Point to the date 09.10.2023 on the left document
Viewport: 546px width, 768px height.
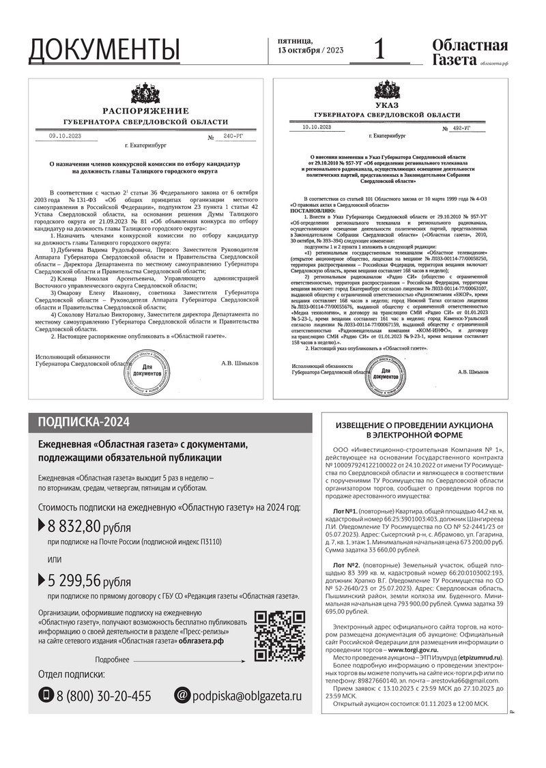[65, 136]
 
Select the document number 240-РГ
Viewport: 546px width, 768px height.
[225, 137]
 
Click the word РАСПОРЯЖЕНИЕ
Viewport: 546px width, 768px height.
[145, 110]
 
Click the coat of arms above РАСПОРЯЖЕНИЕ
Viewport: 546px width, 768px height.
[145, 94]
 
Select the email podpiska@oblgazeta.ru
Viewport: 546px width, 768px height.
[246, 696]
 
